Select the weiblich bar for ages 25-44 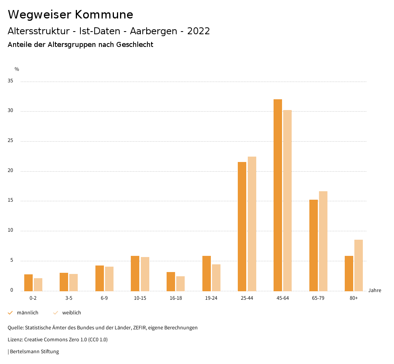(252, 224)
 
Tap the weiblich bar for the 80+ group (359, 265)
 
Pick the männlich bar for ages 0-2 (28, 282)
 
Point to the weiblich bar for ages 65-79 (323, 241)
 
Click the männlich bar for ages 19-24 (207, 273)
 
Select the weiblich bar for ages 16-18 (180, 284)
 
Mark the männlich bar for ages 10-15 (135, 273)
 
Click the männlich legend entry (23, 313)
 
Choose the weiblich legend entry (68, 313)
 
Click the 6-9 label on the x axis (104, 299)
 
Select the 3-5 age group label (69, 299)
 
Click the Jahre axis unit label (374, 291)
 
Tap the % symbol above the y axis (17, 69)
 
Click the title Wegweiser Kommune (70, 15)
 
